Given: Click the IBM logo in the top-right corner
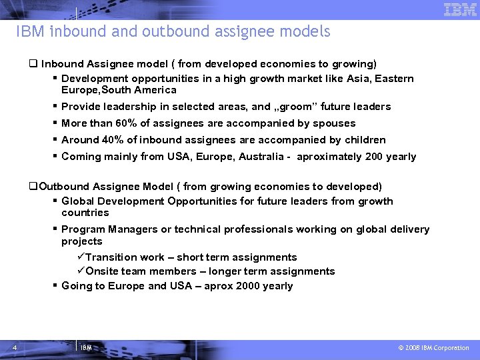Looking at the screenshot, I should pyautogui.click(x=461, y=9).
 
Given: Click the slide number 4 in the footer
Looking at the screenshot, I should pyautogui.click(x=14, y=347).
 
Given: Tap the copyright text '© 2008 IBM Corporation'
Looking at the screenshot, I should pyautogui.click(x=433, y=348).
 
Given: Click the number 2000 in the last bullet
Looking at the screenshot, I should pyautogui.click(x=251, y=286).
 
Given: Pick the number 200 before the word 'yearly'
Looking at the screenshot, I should pyautogui.click(x=371, y=157).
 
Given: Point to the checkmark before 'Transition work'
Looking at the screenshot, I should pyautogui.click(x=81, y=257).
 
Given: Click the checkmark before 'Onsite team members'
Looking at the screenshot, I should pyautogui.click(x=81, y=271).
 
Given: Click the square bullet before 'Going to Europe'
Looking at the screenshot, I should pyautogui.click(x=55, y=286).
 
